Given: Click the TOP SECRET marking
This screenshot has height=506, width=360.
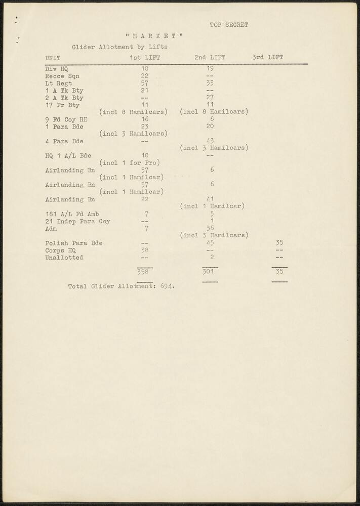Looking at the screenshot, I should [229, 25].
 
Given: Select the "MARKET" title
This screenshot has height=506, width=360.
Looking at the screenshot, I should [154, 36].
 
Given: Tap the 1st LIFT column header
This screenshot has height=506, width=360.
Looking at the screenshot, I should [145, 58].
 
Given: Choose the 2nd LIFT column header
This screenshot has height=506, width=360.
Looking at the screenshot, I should [210, 58].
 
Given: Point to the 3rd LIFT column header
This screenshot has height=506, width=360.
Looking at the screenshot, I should [268, 58].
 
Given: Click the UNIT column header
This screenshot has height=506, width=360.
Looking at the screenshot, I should [53, 58].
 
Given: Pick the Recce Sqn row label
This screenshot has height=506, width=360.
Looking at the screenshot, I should [62, 76].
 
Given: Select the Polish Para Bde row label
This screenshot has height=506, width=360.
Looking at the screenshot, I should [74, 243].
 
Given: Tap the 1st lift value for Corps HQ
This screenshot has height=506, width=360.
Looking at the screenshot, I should [144, 250].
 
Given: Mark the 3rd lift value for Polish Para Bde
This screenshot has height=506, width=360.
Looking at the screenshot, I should [279, 243].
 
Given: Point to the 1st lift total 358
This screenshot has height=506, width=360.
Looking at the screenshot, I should [144, 272].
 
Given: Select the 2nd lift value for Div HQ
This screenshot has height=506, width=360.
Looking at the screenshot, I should [210, 68].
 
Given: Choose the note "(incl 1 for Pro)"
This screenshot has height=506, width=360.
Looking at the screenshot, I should [130, 163].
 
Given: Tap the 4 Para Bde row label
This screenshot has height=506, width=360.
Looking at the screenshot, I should [64, 141].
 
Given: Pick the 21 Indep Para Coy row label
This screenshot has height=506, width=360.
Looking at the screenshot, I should [77, 221].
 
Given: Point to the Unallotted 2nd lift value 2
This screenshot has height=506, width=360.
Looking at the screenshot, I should [212, 257].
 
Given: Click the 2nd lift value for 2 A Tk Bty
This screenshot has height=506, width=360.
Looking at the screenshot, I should [210, 98].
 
